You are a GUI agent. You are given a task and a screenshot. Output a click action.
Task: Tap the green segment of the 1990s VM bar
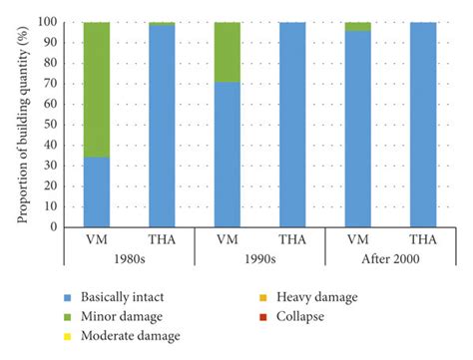click(228, 46)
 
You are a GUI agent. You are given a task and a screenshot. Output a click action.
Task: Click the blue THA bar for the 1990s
click(293, 125)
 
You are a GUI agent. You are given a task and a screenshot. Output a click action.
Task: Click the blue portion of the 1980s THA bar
click(162, 126)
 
